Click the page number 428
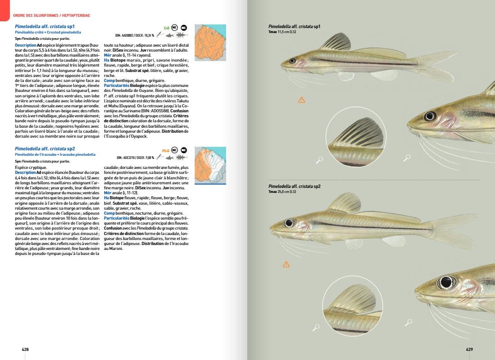click(25, 350)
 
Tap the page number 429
click(469, 350)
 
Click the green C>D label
click(166, 27)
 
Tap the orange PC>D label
click(165, 150)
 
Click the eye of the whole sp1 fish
click(292, 61)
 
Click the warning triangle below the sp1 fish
click(302, 100)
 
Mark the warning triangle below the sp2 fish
click(286, 264)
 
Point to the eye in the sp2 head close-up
click(446, 283)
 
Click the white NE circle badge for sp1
click(174, 27)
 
